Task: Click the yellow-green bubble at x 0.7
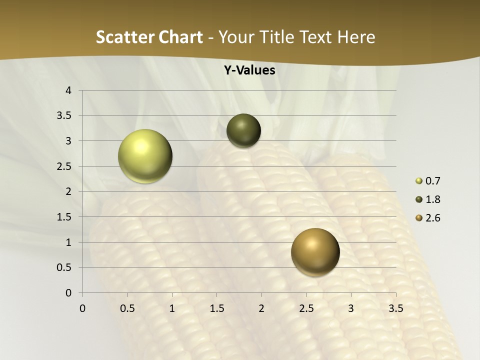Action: (145, 156)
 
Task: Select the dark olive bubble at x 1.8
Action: (243, 130)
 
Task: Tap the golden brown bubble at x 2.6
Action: (315, 252)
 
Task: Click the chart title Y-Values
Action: (249, 70)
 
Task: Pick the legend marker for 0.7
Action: (419, 181)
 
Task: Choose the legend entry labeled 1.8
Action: (432, 199)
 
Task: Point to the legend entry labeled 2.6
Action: (432, 218)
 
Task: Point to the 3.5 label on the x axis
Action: (395, 308)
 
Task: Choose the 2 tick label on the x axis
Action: (261, 308)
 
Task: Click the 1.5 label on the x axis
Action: (216, 308)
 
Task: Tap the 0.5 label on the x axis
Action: (127, 308)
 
